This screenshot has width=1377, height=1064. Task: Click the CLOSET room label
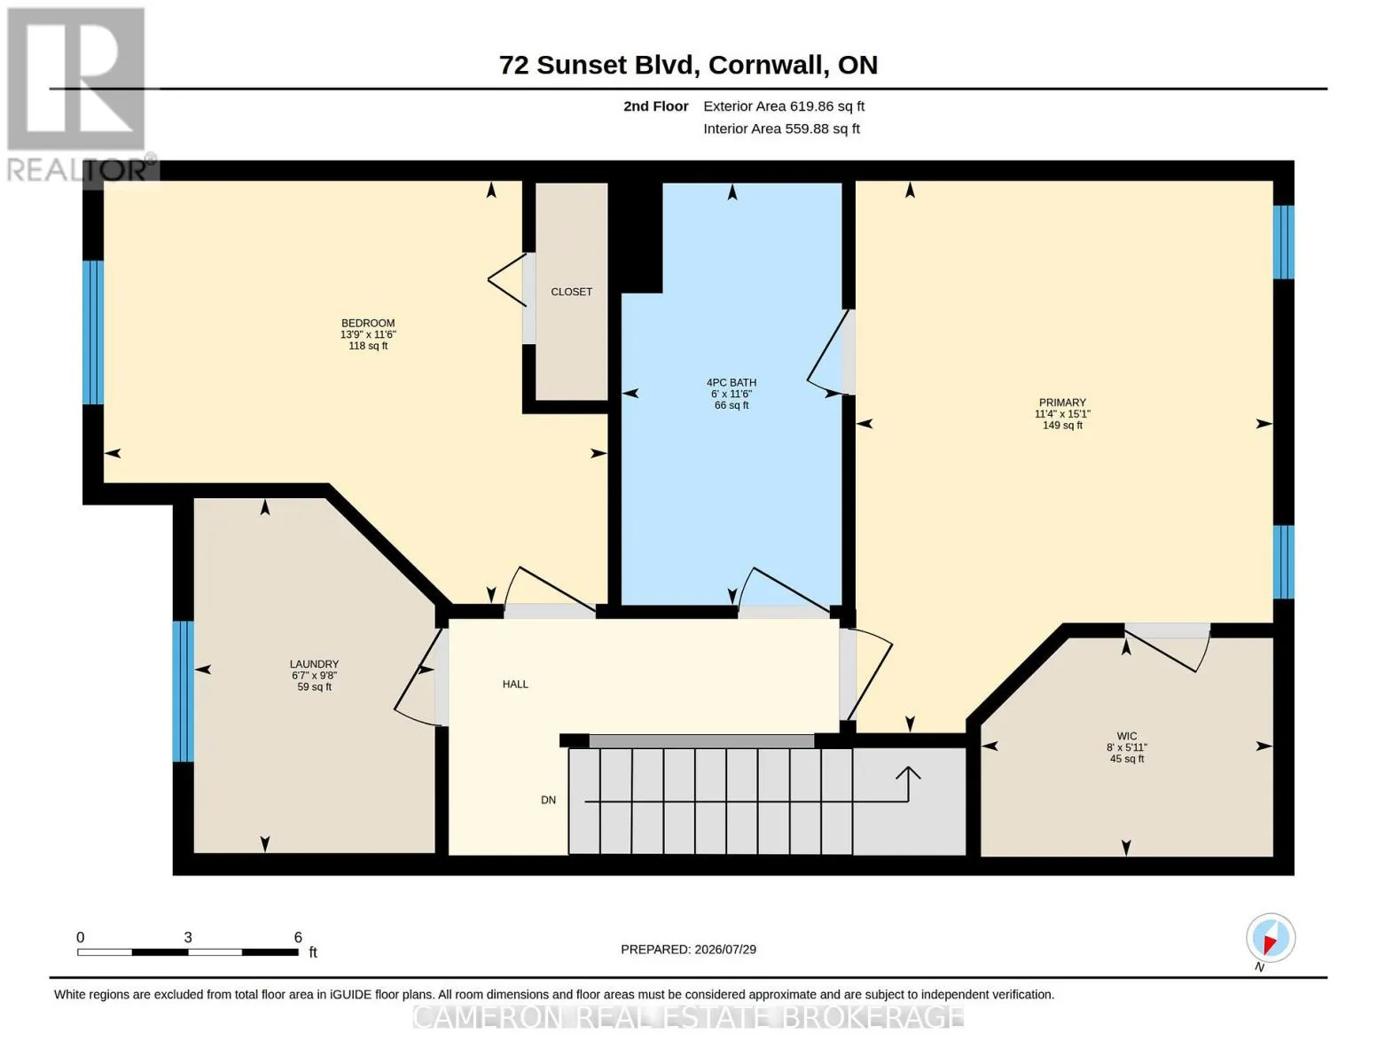pyautogui.click(x=571, y=292)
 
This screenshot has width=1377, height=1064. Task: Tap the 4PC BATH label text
pyautogui.click(x=732, y=382)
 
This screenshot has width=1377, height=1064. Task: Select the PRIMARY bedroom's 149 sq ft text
pyautogui.click(x=1063, y=426)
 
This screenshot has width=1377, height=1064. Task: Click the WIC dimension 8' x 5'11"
pyautogui.click(x=1127, y=747)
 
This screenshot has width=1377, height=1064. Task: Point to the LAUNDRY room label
pyautogui.click(x=314, y=664)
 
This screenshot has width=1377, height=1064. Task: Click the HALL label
pyautogui.click(x=515, y=684)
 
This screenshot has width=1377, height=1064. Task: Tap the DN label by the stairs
pyautogui.click(x=548, y=800)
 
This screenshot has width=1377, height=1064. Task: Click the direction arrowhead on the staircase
pyautogui.click(x=908, y=772)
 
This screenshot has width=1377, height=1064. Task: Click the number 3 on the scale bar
pyautogui.click(x=188, y=937)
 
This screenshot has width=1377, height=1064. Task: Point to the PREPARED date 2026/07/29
pyautogui.click(x=725, y=950)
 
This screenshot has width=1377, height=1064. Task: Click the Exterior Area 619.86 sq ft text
pyautogui.click(x=784, y=106)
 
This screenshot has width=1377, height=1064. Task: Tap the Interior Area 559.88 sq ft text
pyautogui.click(x=781, y=129)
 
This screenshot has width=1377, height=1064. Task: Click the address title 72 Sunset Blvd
pyautogui.click(x=599, y=65)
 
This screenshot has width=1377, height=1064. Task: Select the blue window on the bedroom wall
pyautogui.click(x=93, y=332)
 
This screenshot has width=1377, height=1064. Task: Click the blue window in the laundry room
pyautogui.click(x=184, y=692)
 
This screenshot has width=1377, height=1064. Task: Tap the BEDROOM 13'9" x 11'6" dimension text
pyautogui.click(x=368, y=334)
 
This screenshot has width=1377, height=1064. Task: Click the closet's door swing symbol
pyautogui.click(x=507, y=280)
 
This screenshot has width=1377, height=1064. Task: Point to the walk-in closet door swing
pyautogui.click(x=1167, y=649)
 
